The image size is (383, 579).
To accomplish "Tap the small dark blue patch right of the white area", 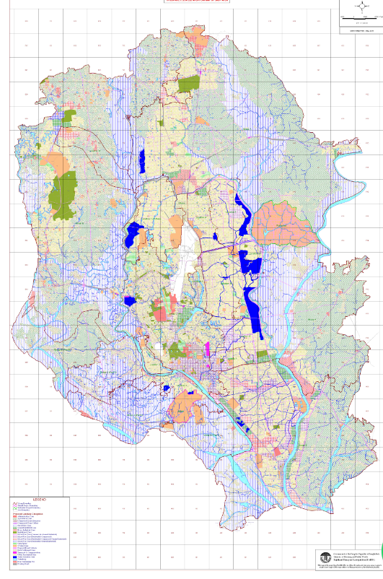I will click(x=215, y=237).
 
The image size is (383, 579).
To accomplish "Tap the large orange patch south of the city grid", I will click(x=185, y=409).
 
